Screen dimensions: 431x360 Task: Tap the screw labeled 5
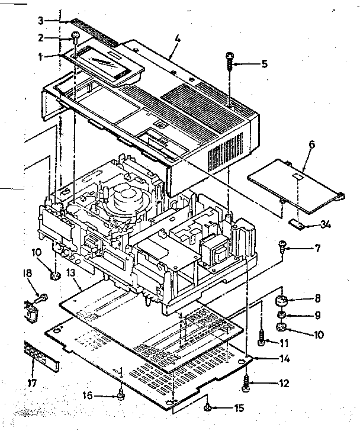coord(229,61)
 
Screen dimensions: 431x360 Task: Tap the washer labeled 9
coord(282,314)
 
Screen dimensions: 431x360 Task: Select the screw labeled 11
coord(261,339)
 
